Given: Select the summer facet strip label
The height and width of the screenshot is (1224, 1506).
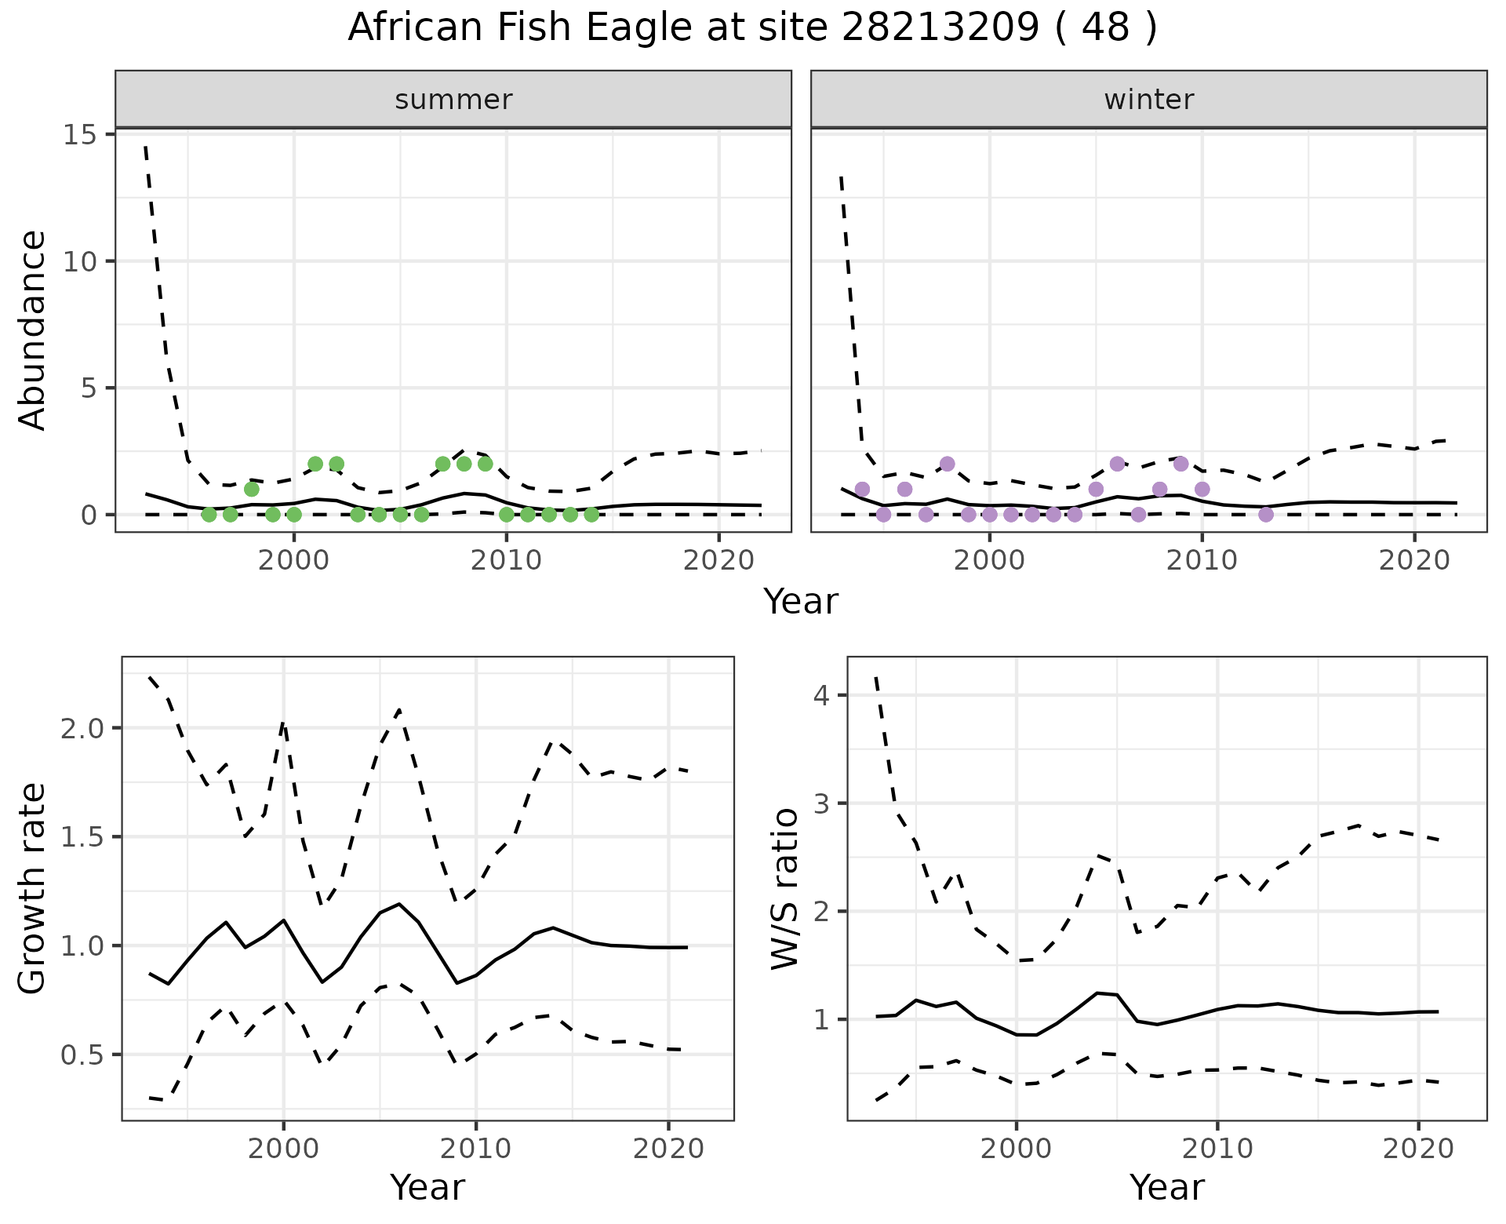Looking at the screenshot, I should (x=453, y=100).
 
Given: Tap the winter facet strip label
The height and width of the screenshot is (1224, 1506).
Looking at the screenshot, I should (x=1148, y=100).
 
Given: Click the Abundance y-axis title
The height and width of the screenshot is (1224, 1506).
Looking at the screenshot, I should (x=33, y=330).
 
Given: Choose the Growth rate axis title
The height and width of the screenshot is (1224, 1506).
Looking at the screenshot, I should (x=33, y=888).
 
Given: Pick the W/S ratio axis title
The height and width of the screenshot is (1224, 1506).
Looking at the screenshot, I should (x=784, y=888).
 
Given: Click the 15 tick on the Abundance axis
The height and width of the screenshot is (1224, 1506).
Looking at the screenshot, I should (x=82, y=135).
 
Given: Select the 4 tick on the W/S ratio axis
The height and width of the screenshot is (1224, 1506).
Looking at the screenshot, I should (x=820, y=695).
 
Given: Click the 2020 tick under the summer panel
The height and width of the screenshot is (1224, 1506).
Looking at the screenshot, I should (x=718, y=560).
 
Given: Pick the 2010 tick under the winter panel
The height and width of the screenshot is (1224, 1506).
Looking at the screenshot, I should (x=1202, y=560).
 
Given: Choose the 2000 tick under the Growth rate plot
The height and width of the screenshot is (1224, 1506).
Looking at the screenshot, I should (x=284, y=1149).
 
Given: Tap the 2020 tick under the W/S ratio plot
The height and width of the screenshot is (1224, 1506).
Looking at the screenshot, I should (x=1418, y=1149).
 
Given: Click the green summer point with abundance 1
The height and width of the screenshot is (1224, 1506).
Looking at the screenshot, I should (x=252, y=489).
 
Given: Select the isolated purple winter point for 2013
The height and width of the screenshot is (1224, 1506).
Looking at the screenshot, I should (x=1265, y=515).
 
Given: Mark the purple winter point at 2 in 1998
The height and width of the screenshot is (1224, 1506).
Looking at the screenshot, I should (x=947, y=464).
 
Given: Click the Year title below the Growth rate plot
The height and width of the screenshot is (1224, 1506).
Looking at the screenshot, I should (x=427, y=1187).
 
